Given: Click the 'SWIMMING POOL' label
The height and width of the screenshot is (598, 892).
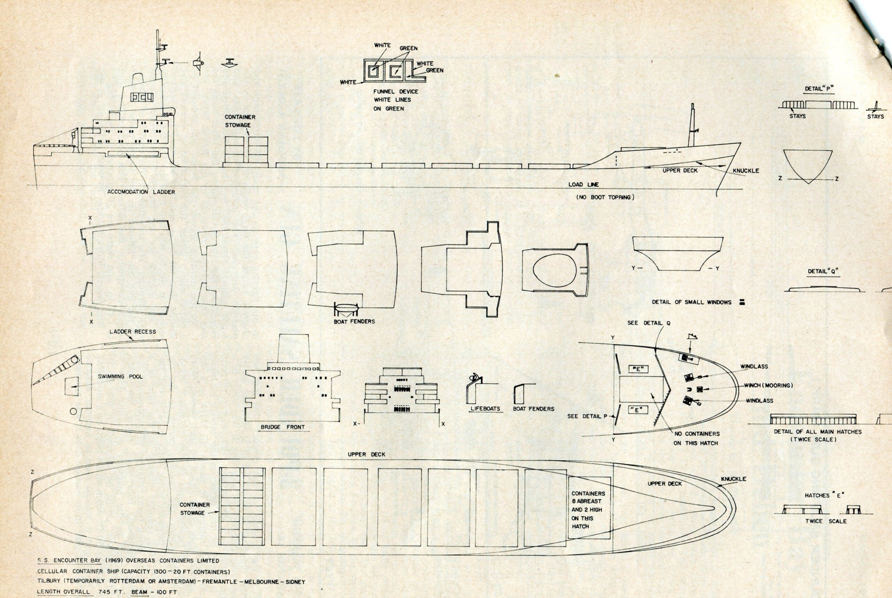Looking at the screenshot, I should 120,376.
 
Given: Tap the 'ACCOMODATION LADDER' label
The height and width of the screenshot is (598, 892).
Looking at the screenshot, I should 141,192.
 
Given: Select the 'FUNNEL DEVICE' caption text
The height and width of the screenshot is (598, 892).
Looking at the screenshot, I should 395,92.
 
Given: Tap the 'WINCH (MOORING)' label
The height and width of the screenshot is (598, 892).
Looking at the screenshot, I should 768,385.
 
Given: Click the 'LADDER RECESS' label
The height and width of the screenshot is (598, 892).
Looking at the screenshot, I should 132,331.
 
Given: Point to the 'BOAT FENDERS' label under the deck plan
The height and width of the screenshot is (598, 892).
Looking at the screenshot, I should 354,322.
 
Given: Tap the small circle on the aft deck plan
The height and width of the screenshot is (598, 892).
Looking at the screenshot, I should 74,411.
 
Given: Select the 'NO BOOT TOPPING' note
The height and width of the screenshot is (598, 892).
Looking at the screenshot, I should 605,197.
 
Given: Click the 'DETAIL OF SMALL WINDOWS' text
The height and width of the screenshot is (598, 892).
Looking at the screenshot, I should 691,302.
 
